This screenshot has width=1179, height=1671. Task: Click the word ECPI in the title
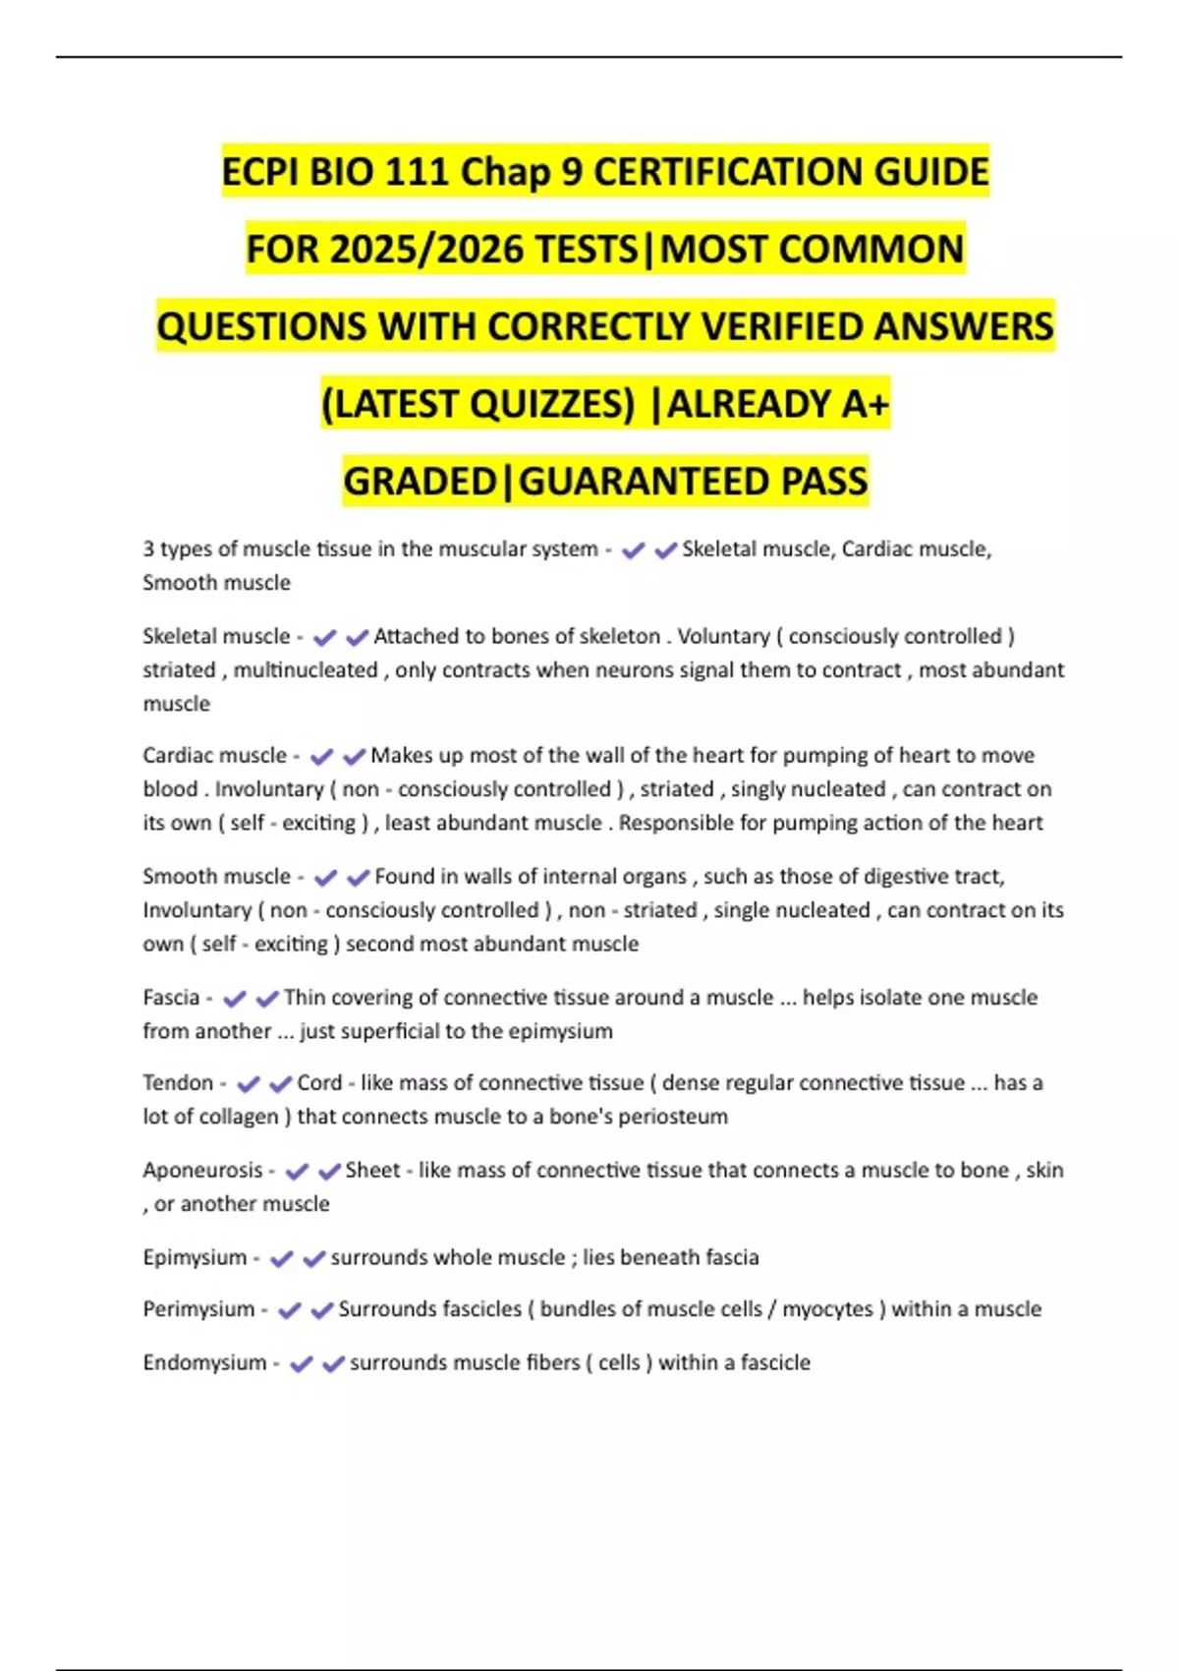pos(259,172)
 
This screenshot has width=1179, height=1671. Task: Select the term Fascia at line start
pos(171,998)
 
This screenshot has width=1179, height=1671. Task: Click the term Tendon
pos(178,1083)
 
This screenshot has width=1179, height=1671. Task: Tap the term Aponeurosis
pos(202,1171)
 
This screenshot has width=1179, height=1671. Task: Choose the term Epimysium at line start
pos(195,1257)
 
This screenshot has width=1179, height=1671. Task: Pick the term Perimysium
pos(198,1309)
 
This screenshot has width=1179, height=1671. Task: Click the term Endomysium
pos(204,1362)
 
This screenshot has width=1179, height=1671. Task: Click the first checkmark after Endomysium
pos(302,1363)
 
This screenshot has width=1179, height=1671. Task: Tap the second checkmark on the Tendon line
pos(281,1084)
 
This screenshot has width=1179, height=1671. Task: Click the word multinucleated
pos(306,670)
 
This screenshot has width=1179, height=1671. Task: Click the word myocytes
pos(827,1309)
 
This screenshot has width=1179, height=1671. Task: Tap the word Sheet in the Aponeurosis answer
pos(372,1171)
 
